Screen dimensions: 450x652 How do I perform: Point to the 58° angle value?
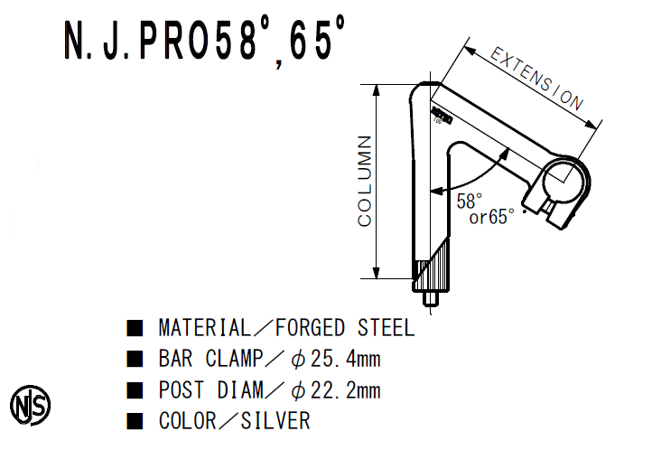[x=469, y=201]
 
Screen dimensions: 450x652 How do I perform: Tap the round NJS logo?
[x=30, y=403]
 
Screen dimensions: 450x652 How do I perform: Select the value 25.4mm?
[x=345, y=360]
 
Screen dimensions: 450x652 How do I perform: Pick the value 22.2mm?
[x=345, y=391]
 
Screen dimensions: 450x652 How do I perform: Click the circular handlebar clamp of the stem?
[x=565, y=182]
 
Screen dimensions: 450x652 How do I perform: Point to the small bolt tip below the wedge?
[x=431, y=297]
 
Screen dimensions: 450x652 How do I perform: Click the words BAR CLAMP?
[x=209, y=360]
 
